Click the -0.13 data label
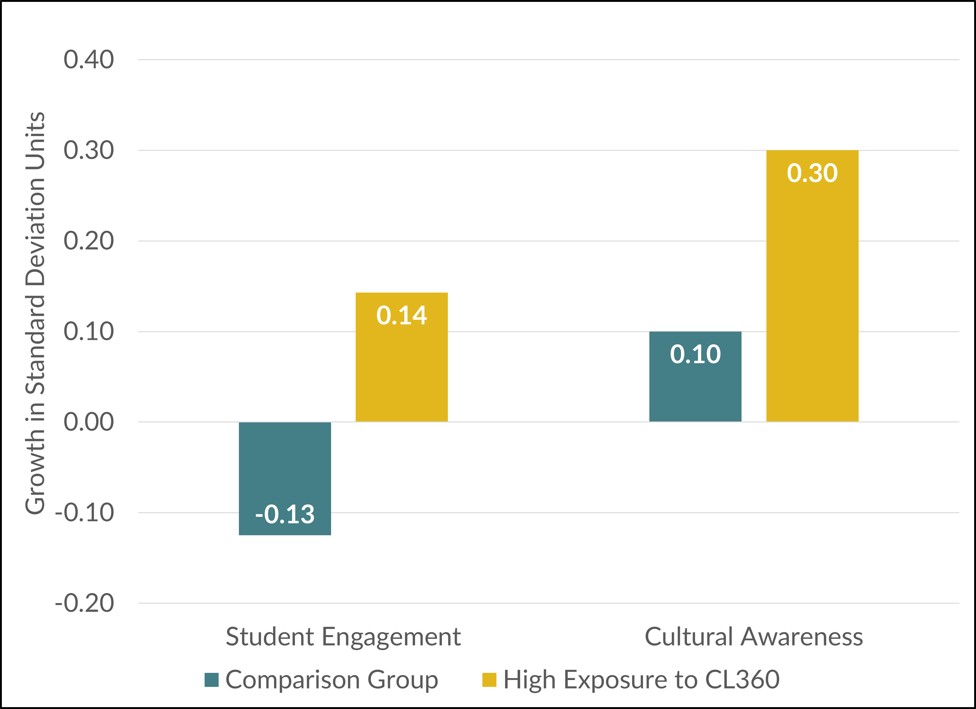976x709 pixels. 285,514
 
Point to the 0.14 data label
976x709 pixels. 401,315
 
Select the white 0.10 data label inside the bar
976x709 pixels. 695,354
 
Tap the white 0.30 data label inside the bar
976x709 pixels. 812,173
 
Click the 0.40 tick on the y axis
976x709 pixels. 89,59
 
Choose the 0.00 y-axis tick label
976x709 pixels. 89,422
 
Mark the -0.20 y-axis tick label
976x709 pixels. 84,603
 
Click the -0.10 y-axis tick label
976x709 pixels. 84,513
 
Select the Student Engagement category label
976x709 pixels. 343,637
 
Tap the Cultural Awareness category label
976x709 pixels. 754,637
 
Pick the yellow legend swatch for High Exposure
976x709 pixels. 489,680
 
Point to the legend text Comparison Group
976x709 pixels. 331,680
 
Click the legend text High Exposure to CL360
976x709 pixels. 641,680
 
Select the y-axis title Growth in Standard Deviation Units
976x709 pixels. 35,313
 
